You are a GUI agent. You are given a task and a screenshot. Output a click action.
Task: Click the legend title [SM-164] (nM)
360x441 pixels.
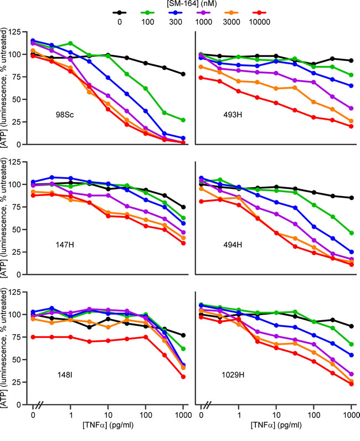180,4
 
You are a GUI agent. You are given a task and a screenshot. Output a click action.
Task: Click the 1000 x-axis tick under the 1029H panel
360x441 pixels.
351,414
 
